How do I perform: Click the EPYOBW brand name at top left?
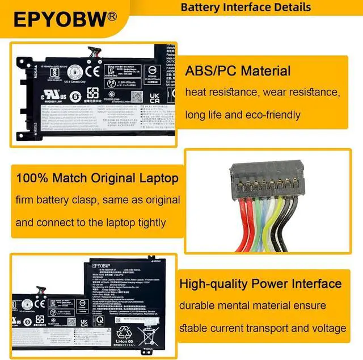[60, 19]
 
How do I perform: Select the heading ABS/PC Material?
[238, 71]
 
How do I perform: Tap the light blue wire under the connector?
[262, 219]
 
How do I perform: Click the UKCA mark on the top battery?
[154, 94]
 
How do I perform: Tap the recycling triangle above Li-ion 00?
[125, 333]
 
